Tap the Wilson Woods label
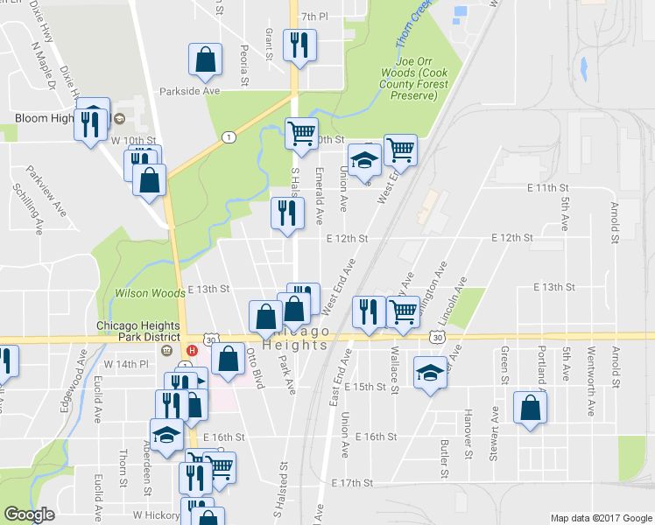click(150, 293)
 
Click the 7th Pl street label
click(313, 17)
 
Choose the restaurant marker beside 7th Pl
click(299, 45)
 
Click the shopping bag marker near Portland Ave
click(531, 408)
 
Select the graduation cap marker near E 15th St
click(430, 374)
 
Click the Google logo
click(29, 514)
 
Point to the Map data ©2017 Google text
click(600, 518)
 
